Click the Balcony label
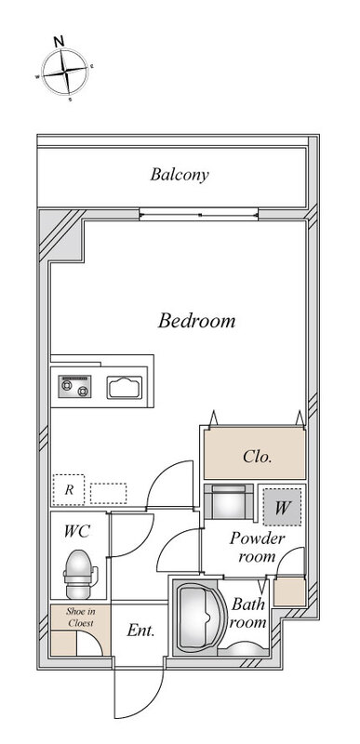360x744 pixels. (x=180, y=175)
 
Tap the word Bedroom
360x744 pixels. (x=196, y=321)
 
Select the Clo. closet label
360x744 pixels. (x=257, y=457)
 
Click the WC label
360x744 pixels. (x=77, y=531)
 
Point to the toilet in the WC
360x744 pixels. (x=79, y=574)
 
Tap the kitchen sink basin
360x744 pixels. (x=125, y=387)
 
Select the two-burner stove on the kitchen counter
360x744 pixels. (x=75, y=386)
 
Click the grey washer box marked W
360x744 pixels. (x=282, y=507)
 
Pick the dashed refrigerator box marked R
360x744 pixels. (x=69, y=490)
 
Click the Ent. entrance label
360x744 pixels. (x=140, y=631)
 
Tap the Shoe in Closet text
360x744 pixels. (x=80, y=618)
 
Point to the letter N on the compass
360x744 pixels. (x=59, y=41)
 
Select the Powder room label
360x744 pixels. (x=257, y=547)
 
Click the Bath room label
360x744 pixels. (x=248, y=613)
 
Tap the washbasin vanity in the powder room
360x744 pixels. (x=229, y=501)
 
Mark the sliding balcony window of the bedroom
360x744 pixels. (x=199, y=215)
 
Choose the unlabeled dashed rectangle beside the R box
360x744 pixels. (x=109, y=494)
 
